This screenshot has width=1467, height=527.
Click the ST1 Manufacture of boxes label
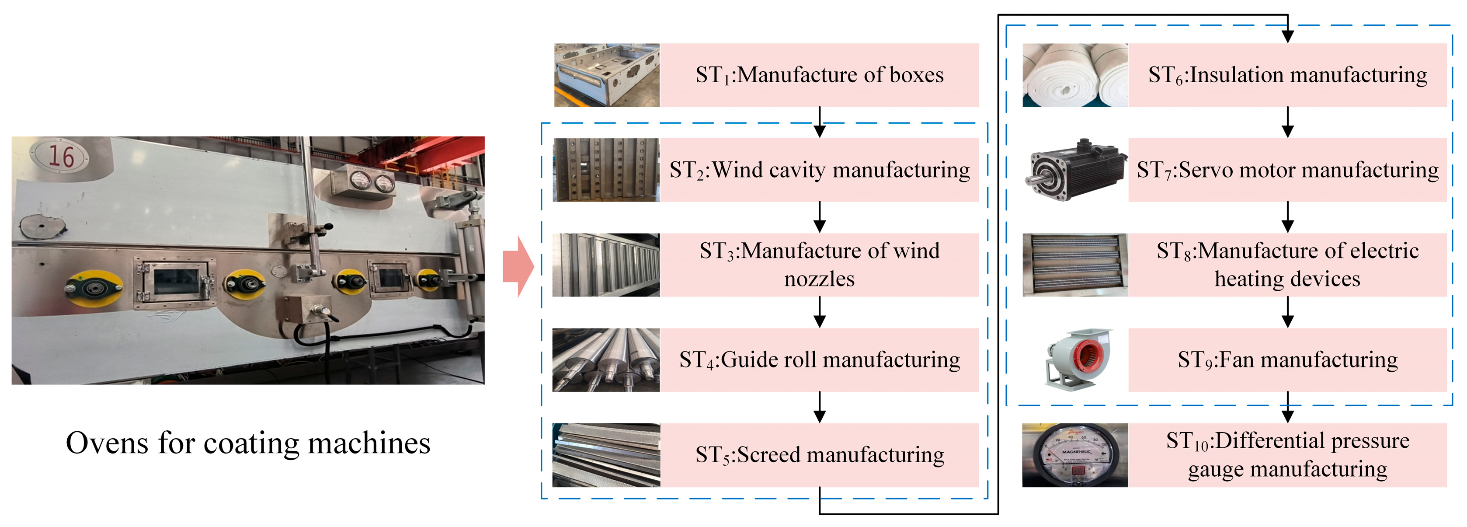(819, 75)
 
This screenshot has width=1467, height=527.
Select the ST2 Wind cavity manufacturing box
(819, 170)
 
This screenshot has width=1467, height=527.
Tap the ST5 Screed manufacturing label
(819, 455)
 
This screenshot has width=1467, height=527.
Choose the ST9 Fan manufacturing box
(1287, 359)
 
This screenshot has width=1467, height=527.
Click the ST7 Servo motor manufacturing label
(1287, 170)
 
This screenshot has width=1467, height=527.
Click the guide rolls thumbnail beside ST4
(606, 359)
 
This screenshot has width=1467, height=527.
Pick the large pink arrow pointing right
(518, 266)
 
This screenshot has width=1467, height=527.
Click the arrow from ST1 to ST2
(819, 122)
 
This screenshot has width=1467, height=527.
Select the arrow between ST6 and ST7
(1287, 122)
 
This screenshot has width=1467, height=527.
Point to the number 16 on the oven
(60, 156)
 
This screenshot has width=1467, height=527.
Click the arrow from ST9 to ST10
(1287, 407)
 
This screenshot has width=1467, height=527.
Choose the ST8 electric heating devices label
(1287, 265)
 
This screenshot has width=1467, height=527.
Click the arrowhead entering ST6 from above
(1287, 36)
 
